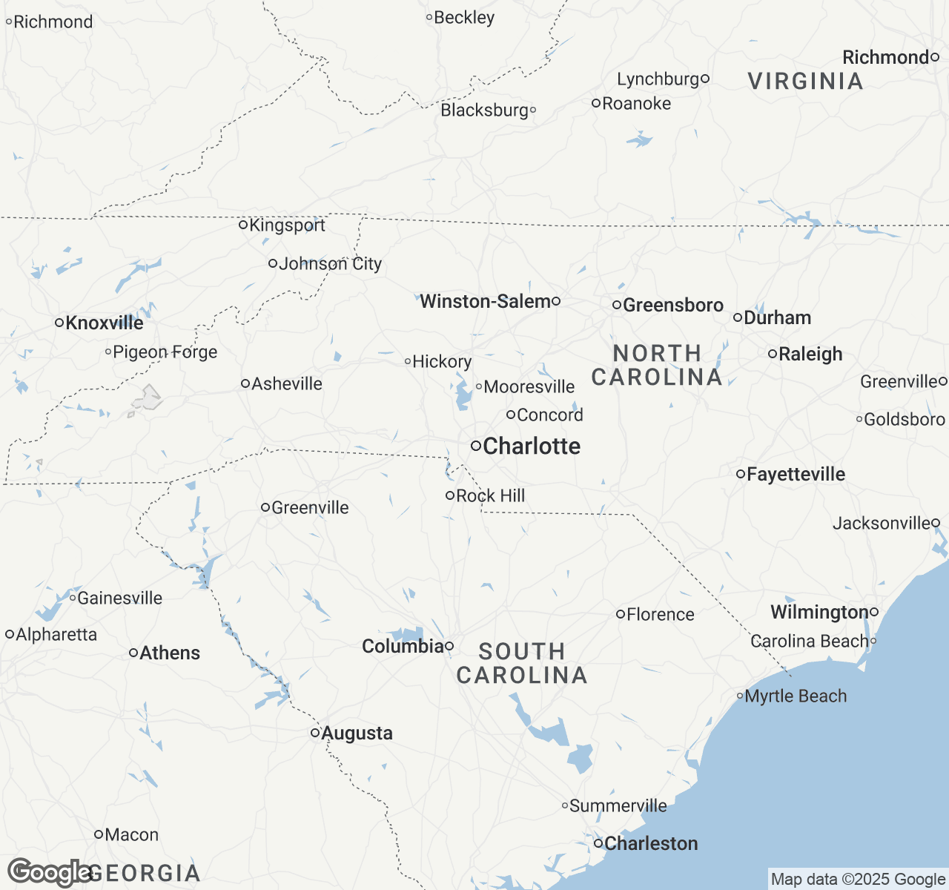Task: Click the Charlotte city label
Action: [x=531, y=446]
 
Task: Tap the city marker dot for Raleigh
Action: [x=773, y=355]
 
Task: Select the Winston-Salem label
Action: [x=486, y=301]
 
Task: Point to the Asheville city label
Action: [x=287, y=383]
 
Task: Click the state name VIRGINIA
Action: [x=805, y=81]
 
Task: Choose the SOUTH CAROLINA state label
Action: [x=522, y=663]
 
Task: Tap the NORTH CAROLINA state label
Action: [x=657, y=365]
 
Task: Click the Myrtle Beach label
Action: [x=796, y=696]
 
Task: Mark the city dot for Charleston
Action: [x=598, y=843]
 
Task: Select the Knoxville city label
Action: [x=105, y=323]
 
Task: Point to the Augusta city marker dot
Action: [x=315, y=733]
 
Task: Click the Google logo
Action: [x=49, y=872]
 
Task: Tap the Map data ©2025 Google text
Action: [x=858, y=879]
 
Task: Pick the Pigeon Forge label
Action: [x=165, y=352]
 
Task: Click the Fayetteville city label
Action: [x=796, y=474]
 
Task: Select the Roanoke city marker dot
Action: [x=595, y=103]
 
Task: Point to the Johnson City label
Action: [x=330, y=263]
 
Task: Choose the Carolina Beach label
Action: [x=809, y=641]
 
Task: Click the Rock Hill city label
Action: [x=490, y=495]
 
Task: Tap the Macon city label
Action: [x=131, y=834]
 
